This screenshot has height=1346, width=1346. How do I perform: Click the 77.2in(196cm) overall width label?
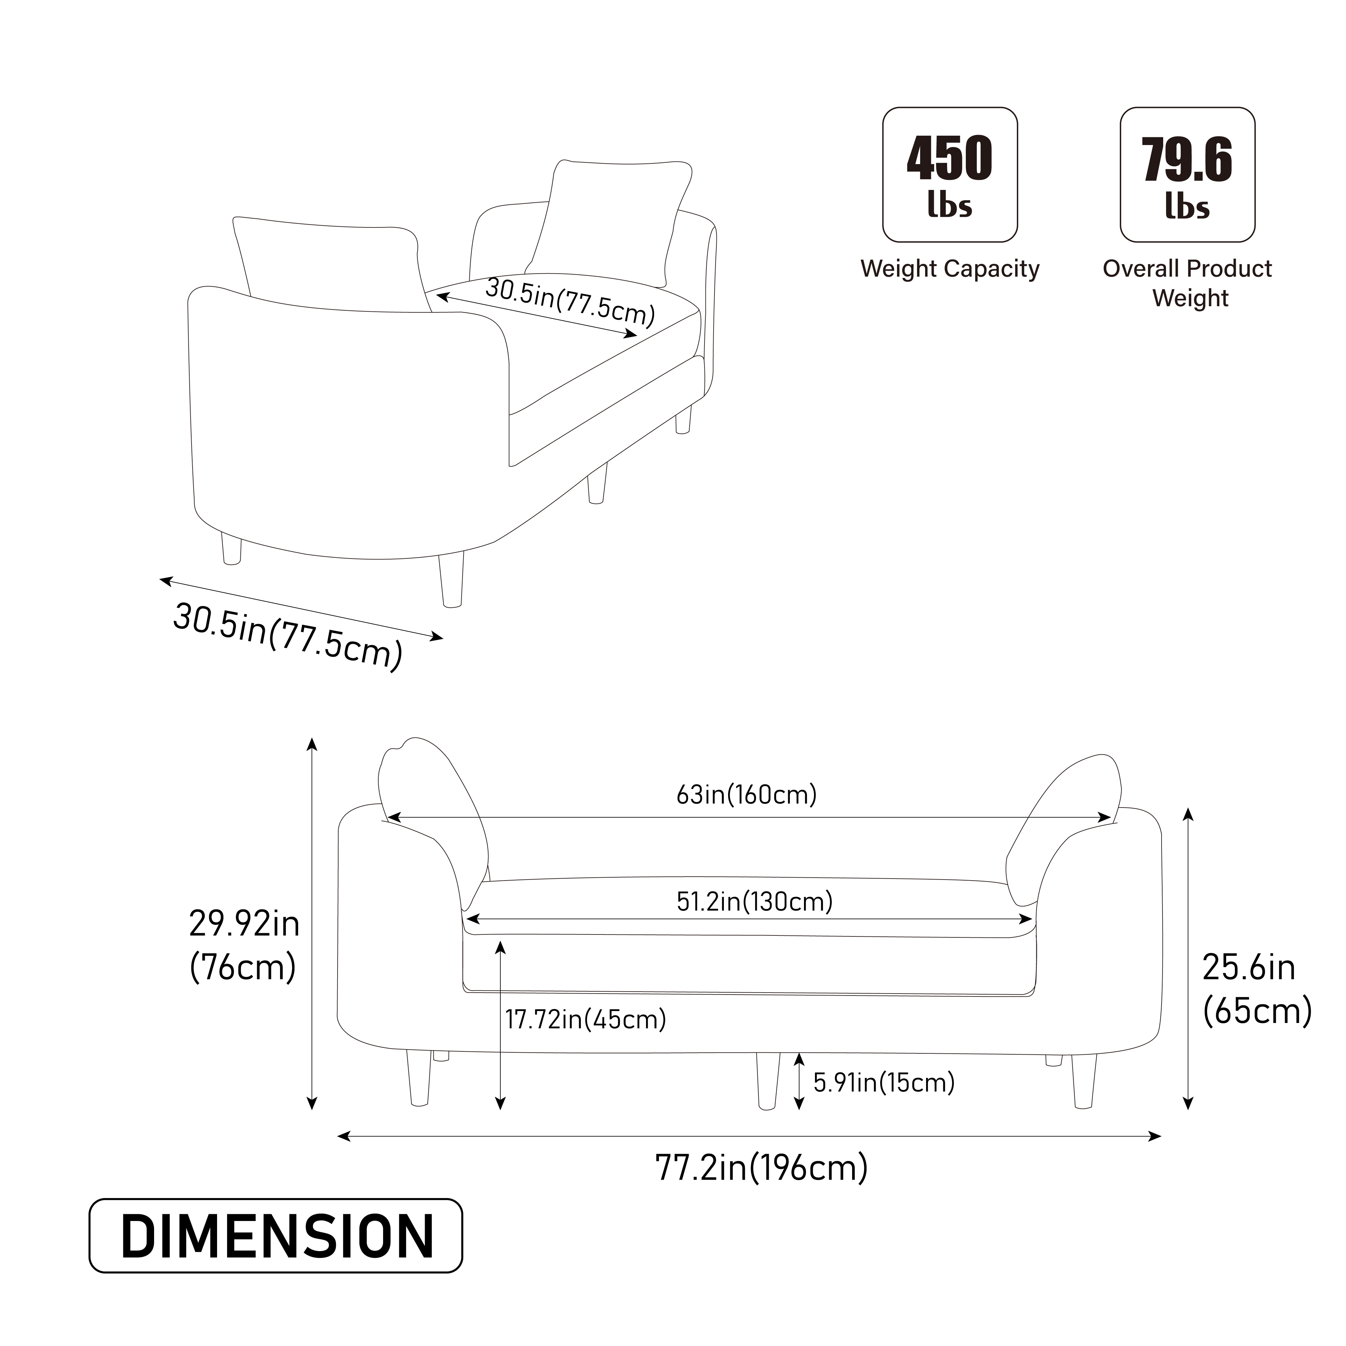pos(761,1168)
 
